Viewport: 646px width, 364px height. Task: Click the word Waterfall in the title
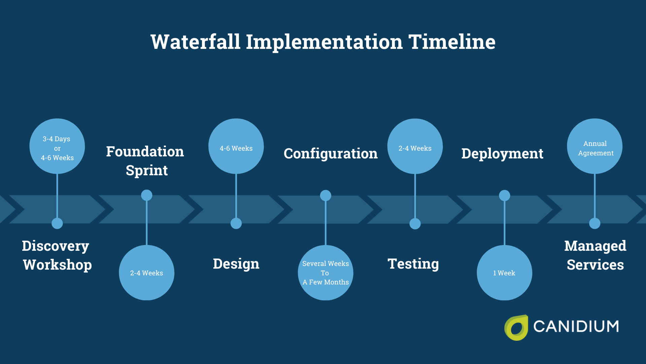(195, 42)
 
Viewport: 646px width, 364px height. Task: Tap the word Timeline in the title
(452, 42)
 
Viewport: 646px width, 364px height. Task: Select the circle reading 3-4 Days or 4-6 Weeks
(57, 146)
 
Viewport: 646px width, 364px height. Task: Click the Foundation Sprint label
(145, 161)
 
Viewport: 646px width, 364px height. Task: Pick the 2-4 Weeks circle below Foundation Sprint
(146, 273)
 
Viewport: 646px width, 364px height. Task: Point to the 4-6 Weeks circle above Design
(236, 146)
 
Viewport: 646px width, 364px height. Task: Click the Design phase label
(236, 264)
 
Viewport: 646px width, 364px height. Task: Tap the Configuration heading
(330, 154)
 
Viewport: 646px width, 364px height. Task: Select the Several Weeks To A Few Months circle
(325, 273)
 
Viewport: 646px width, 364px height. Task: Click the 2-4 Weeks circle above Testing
(415, 146)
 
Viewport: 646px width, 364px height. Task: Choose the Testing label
(413, 264)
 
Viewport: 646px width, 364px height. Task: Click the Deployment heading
(502, 154)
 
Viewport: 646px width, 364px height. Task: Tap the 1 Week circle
(504, 273)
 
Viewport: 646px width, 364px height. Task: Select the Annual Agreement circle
(595, 146)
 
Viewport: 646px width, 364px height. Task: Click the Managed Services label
(595, 255)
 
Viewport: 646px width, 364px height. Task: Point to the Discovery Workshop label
(57, 255)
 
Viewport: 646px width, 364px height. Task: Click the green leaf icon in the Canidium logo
(516, 328)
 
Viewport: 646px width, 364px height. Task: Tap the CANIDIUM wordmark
(576, 327)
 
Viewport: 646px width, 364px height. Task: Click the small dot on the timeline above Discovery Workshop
(57, 223)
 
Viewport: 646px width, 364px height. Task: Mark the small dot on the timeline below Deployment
(504, 195)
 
